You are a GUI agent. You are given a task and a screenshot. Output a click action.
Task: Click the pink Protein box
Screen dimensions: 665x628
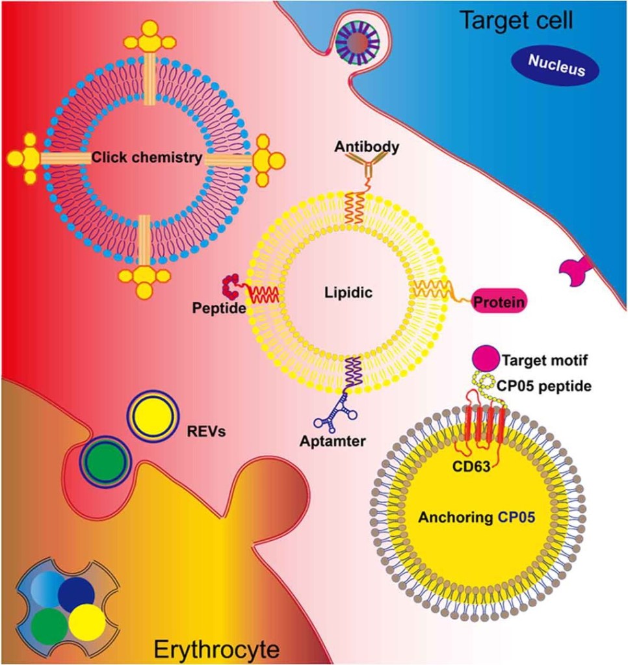click(499, 302)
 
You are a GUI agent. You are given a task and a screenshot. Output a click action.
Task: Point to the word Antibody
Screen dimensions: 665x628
click(367, 147)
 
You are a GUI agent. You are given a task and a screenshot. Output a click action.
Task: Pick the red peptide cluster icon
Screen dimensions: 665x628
click(231, 283)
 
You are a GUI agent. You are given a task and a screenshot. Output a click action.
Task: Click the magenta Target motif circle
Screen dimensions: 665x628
click(482, 358)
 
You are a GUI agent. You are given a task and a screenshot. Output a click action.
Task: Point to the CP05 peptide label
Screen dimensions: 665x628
click(547, 386)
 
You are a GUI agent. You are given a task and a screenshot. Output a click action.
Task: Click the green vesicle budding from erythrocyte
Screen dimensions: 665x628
click(105, 461)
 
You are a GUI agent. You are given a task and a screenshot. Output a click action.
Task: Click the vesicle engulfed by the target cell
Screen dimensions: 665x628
click(359, 43)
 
